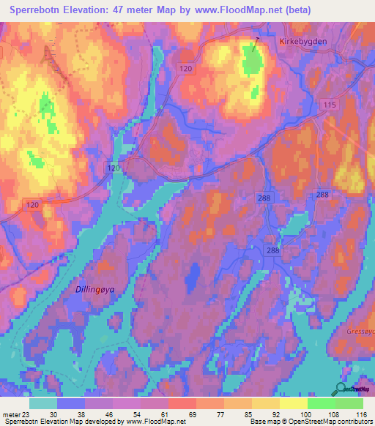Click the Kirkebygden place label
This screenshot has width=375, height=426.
pyautogui.click(x=303, y=42)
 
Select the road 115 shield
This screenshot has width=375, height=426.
pyautogui.click(x=330, y=106)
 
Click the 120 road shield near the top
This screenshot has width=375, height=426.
pyautogui.click(x=186, y=68)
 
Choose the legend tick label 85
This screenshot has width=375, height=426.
pyautogui.click(x=229, y=414)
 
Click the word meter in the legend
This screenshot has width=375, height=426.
pyautogui.click(x=12, y=414)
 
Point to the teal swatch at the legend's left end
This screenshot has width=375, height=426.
pyautogui.click(x=43, y=403)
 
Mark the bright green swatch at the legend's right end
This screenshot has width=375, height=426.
pyautogui.click(x=349, y=403)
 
